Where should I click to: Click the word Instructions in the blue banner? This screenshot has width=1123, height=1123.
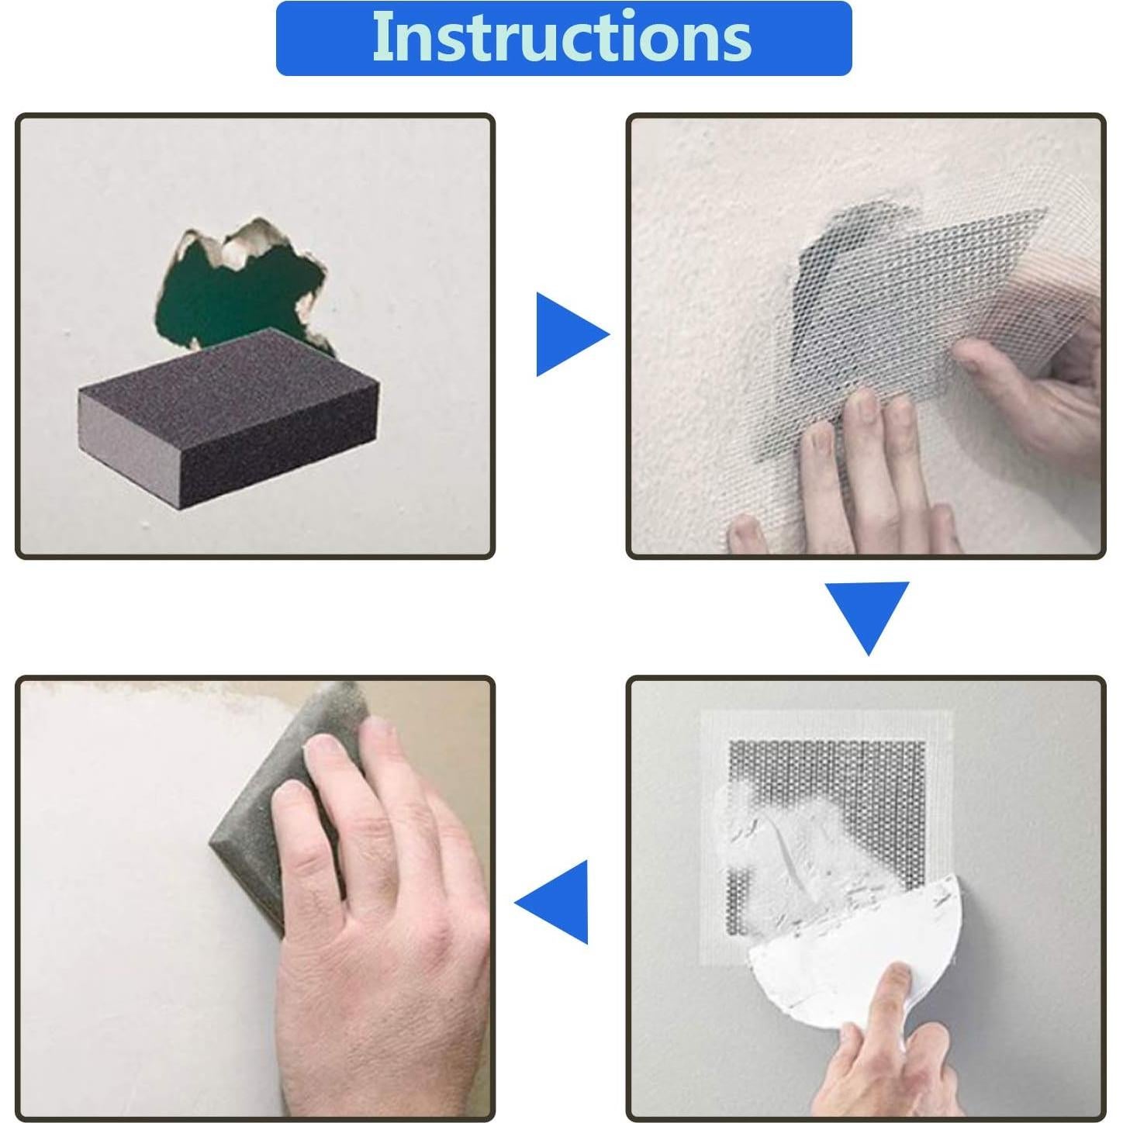coord(561,36)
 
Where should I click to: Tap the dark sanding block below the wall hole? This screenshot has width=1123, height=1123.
coord(229,419)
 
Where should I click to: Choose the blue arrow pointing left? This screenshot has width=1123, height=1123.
coord(551,901)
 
